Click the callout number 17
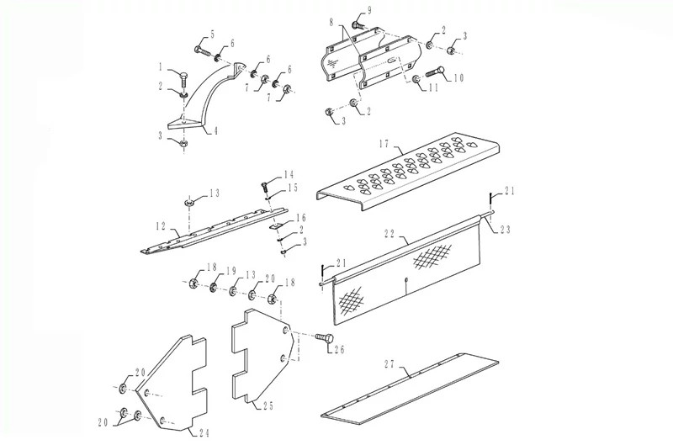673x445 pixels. pyautogui.click(x=385, y=144)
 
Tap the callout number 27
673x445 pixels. pyautogui.click(x=389, y=364)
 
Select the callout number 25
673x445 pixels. pyautogui.click(x=268, y=405)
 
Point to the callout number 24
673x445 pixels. pyautogui.click(x=204, y=433)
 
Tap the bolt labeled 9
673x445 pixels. pyautogui.click(x=358, y=25)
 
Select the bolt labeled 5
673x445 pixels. pyautogui.click(x=203, y=51)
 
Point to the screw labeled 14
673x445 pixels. pyautogui.click(x=265, y=187)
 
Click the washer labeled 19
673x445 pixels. pyautogui.click(x=214, y=288)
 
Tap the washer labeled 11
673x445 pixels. pyautogui.click(x=416, y=80)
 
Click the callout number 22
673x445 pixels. pyautogui.click(x=389, y=233)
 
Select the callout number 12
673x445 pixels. pyautogui.click(x=161, y=226)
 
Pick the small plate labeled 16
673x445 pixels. pyautogui.click(x=275, y=225)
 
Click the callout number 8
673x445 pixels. pyautogui.click(x=331, y=22)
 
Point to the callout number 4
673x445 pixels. pyautogui.click(x=215, y=130)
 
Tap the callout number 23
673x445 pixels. pyautogui.click(x=506, y=230)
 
